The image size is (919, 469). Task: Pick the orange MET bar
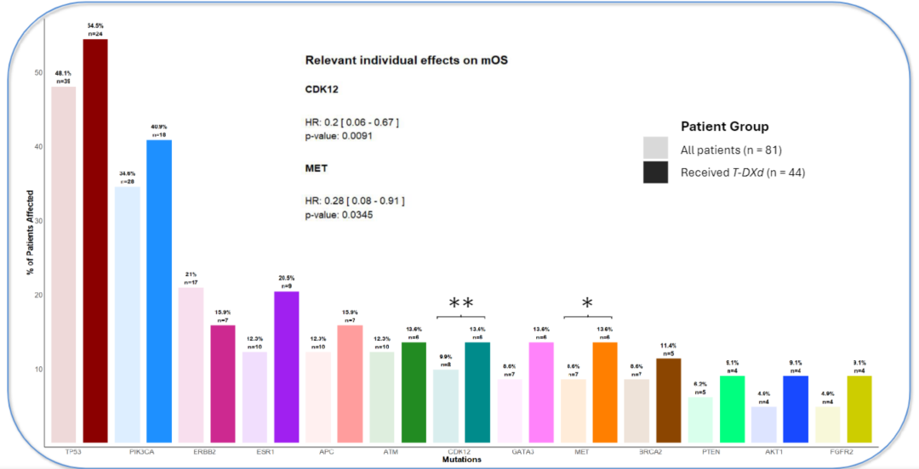[x=605, y=392]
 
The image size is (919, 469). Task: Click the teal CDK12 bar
[x=477, y=392]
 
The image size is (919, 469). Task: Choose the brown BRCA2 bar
[x=669, y=400]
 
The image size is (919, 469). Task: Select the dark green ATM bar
[x=414, y=392]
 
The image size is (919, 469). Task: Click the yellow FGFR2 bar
[x=860, y=409]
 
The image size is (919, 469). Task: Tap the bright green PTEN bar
[x=733, y=409]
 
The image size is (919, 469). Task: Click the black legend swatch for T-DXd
[x=655, y=172]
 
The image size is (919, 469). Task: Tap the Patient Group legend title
[x=724, y=127]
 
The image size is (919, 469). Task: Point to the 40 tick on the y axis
[x=37, y=146]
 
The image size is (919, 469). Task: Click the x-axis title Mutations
[x=461, y=460]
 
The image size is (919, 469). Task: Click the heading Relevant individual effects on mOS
[x=407, y=60]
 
